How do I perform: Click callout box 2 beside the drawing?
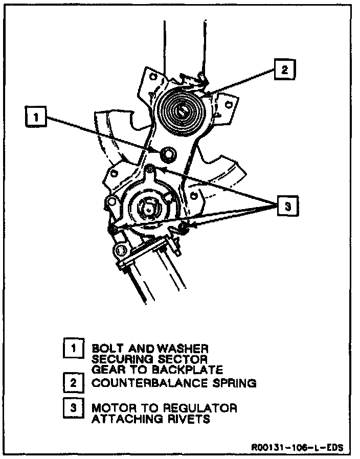click(x=284, y=70)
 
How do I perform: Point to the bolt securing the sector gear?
click(x=167, y=153)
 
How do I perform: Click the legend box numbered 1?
click(x=74, y=349)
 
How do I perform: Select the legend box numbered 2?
click(x=74, y=382)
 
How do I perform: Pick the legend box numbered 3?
click(x=74, y=408)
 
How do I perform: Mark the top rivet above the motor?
click(x=149, y=168)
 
